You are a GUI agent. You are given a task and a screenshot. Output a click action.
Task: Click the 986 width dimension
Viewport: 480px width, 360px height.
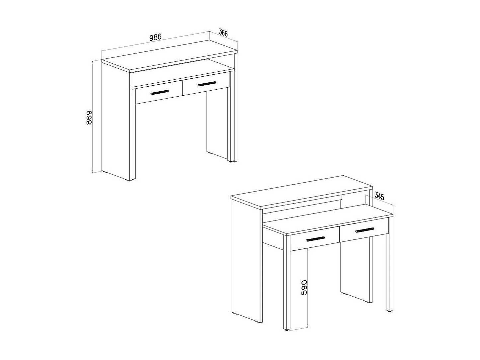point(155,37)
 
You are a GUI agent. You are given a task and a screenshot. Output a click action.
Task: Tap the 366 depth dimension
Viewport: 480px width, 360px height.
point(223,33)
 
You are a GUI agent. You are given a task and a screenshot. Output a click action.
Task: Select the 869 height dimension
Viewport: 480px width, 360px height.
point(89,118)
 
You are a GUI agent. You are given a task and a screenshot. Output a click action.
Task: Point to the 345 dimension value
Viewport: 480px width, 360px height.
point(379,196)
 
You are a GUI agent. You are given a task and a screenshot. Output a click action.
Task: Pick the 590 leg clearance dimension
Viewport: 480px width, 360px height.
point(304,288)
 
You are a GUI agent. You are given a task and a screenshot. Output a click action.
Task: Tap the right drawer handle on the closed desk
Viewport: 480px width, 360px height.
point(207,84)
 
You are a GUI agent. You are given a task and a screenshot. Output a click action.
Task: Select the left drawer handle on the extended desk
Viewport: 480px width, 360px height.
point(315,239)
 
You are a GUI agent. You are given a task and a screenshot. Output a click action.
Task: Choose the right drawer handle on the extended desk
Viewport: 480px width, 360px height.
point(364,229)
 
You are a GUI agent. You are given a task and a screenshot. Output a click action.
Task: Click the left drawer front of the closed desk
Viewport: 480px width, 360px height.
point(159,96)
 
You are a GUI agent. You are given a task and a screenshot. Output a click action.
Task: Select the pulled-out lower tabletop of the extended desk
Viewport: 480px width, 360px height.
point(327,220)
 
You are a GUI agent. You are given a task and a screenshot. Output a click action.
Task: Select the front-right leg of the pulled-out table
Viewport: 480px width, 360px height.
point(389,266)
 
